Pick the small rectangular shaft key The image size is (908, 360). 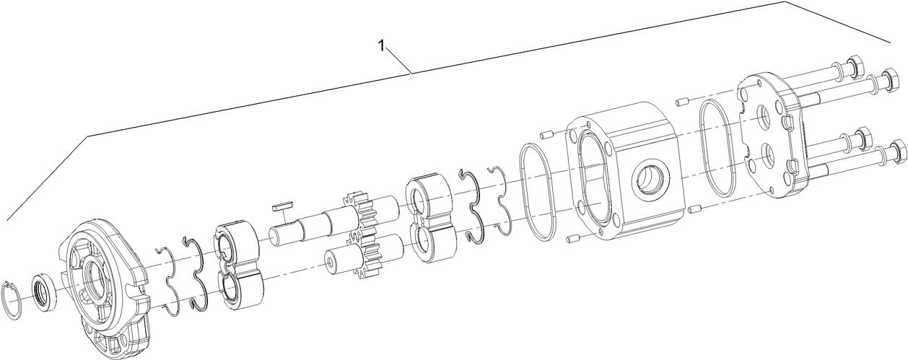click(281, 206)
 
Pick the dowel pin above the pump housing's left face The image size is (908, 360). click(546, 133)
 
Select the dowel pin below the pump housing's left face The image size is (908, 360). click(574, 239)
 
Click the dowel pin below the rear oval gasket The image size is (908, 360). click(695, 209)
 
